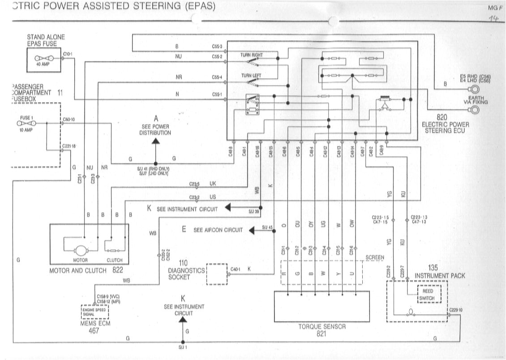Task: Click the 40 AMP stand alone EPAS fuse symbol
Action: pos(44,59)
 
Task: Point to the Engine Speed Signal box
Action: pos(94,310)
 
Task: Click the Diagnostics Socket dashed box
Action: pos(217,274)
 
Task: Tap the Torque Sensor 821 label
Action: pos(322,330)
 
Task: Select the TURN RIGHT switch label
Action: pos(252,55)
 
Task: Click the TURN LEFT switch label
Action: pos(251,76)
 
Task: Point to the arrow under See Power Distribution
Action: pos(156,141)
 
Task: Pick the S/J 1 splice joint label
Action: pos(182,347)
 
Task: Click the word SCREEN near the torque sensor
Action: pos(375,257)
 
